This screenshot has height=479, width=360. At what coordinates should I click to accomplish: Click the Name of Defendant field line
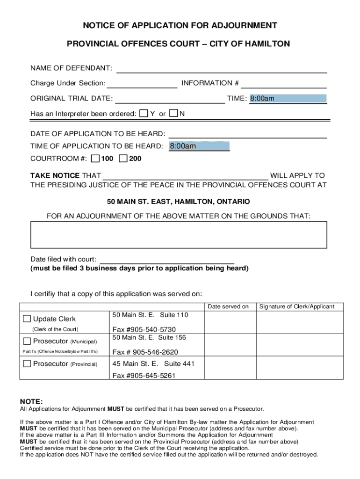click(221, 69)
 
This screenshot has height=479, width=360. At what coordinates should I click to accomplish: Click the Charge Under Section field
click(142, 84)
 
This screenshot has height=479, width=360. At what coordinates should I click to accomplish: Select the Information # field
click(283, 84)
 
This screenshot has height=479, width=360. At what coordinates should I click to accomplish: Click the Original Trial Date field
click(170, 99)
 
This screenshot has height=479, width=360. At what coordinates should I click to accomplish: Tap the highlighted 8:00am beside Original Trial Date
click(288, 99)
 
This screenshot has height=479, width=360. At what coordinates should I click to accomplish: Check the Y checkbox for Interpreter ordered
click(144, 114)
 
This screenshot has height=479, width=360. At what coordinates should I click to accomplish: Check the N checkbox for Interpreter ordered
click(173, 114)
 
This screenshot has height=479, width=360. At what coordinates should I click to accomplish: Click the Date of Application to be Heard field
click(247, 134)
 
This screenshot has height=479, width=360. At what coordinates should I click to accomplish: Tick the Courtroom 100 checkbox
click(95, 159)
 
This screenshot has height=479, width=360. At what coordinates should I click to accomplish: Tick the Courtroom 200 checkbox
click(123, 159)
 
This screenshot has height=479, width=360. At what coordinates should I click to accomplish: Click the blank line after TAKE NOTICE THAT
click(185, 176)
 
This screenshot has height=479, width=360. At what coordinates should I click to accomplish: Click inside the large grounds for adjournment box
click(179, 234)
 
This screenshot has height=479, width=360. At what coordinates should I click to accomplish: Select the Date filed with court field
click(167, 260)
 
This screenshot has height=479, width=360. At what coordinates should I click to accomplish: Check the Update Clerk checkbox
click(27, 319)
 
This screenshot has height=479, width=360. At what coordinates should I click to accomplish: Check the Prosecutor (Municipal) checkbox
click(27, 341)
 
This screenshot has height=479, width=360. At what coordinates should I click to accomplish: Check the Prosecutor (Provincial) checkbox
click(27, 363)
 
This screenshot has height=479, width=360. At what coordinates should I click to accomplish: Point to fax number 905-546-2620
click(145, 352)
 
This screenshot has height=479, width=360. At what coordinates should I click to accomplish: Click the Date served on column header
click(228, 307)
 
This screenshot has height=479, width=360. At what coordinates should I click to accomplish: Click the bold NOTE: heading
click(31, 401)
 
